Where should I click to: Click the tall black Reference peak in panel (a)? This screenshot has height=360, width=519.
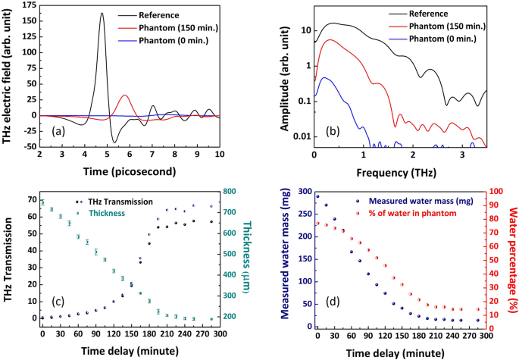pyautogui.click(x=102, y=14)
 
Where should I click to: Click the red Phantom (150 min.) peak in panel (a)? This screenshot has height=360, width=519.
pyautogui.click(x=125, y=95)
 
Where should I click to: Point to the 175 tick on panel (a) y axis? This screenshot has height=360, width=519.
pyautogui.click(x=28, y=5)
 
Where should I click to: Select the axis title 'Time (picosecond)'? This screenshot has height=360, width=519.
pyautogui.click(x=130, y=172)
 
